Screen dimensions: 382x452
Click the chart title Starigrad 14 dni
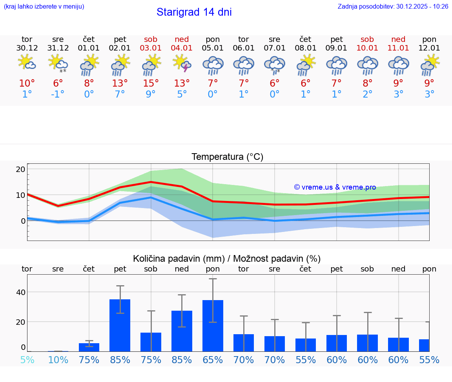(194, 12)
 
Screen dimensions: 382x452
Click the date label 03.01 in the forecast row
(151, 48)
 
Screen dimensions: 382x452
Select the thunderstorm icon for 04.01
(182, 63)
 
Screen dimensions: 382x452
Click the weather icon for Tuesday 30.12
(27, 63)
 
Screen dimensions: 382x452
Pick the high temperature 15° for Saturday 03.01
(151, 83)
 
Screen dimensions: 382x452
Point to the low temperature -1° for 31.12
(58, 94)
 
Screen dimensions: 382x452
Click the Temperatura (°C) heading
(227, 157)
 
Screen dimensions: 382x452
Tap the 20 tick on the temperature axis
(20, 169)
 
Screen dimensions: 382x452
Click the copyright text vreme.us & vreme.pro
(335, 187)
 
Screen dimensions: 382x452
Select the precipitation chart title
(226, 259)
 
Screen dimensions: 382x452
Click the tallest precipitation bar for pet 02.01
(120, 325)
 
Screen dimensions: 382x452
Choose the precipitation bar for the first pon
(213, 326)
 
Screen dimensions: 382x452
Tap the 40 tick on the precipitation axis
(20, 292)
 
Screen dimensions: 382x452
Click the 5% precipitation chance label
(27, 360)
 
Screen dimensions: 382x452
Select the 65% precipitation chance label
(213, 360)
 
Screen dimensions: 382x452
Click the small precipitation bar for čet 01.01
(89, 347)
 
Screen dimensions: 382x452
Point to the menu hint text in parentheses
(44, 7)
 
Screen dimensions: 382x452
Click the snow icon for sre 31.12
(58, 63)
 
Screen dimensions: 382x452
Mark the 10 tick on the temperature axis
(20, 195)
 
